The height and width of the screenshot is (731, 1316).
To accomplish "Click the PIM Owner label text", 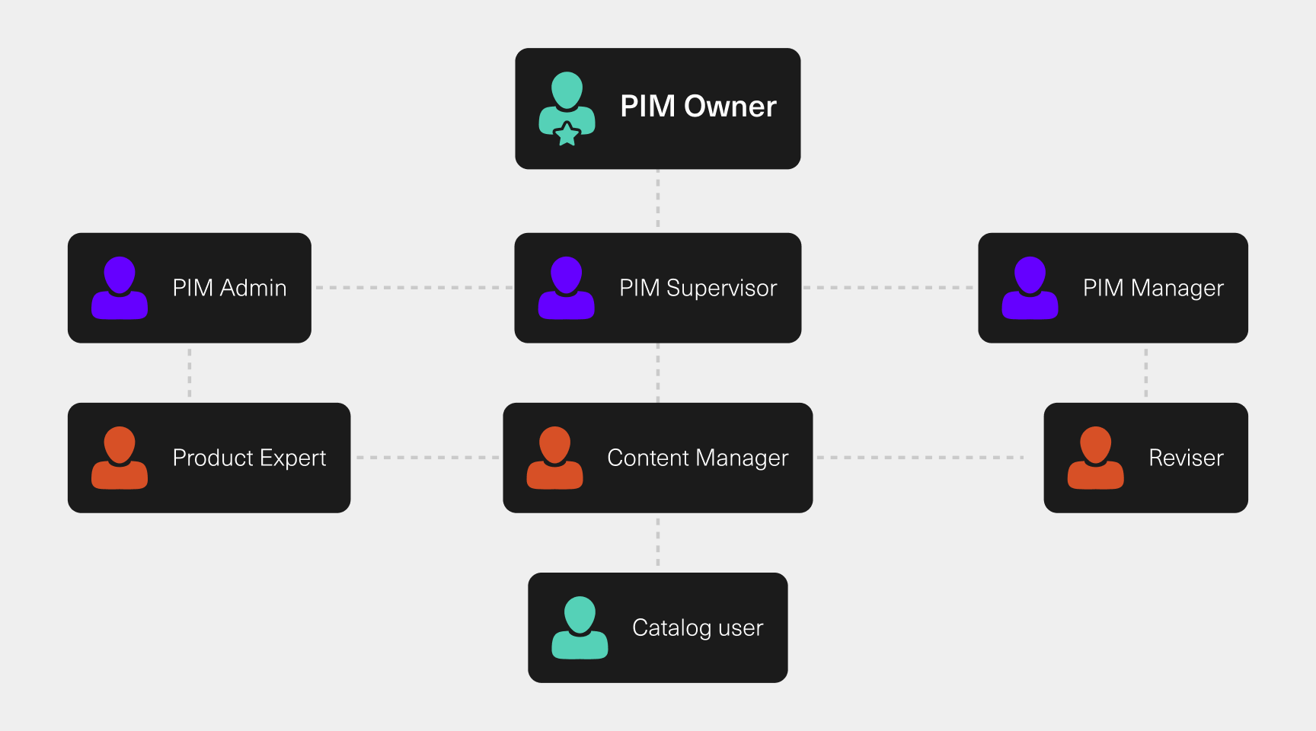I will [x=698, y=107].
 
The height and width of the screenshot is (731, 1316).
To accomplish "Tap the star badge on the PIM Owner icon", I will [x=567, y=134].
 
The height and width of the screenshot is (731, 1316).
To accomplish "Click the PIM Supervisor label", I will [x=698, y=288].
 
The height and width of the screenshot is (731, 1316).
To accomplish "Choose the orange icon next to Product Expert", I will [x=120, y=458].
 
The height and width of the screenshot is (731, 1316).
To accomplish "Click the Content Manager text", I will [x=698, y=458].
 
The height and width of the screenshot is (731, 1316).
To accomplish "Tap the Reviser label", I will [x=1186, y=458].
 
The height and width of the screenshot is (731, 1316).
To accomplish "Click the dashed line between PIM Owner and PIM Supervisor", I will [x=658, y=200].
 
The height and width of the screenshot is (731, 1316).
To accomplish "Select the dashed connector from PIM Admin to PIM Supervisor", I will [x=413, y=288].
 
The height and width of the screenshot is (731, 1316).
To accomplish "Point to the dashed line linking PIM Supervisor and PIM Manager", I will [x=889, y=288].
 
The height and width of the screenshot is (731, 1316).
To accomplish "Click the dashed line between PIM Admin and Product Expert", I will [x=190, y=372].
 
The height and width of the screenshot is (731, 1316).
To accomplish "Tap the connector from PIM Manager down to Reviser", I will [x=1145, y=372].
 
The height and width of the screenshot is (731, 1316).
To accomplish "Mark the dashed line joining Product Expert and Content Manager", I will [x=426, y=458].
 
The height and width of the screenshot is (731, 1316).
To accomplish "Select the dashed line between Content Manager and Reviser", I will [x=920, y=458].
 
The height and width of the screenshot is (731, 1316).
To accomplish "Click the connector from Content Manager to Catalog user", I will [x=658, y=542].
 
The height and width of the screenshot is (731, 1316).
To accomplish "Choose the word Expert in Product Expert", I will [x=293, y=458].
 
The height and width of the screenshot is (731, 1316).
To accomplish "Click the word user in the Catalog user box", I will [x=740, y=628].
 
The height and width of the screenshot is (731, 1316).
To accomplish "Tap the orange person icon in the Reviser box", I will [x=1095, y=458].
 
